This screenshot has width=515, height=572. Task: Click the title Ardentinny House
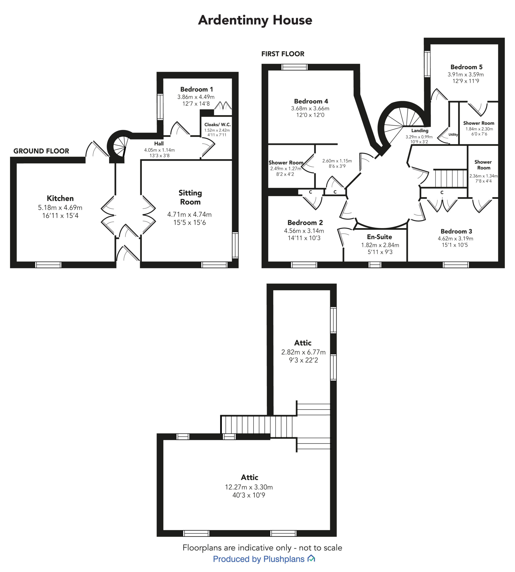tap(255, 20)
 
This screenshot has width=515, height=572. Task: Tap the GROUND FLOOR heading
tap(41, 151)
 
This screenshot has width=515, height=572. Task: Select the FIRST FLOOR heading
tap(283, 54)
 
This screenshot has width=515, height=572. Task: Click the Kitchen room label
tap(60, 198)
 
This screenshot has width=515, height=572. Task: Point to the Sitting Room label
tap(190, 197)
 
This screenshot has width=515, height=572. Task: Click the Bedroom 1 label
tap(196, 89)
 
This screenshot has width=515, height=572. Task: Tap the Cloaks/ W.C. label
tap(217, 124)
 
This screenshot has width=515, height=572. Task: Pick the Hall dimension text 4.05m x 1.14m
tap(159, 150)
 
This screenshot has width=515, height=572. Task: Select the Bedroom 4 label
tap(311, 101)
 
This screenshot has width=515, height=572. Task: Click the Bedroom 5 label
tap(466, 67)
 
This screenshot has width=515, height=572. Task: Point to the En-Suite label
tap(379, 237)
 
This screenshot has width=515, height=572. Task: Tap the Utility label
tap(453, 135)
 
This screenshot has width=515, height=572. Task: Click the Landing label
tap(420, 130)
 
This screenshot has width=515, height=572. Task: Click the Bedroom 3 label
tap(456, 231)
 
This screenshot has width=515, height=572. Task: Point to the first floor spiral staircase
tap(402, 119)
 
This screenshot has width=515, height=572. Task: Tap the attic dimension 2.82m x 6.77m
tap(303, 352)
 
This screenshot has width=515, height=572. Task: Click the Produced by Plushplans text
tap(259, 559)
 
